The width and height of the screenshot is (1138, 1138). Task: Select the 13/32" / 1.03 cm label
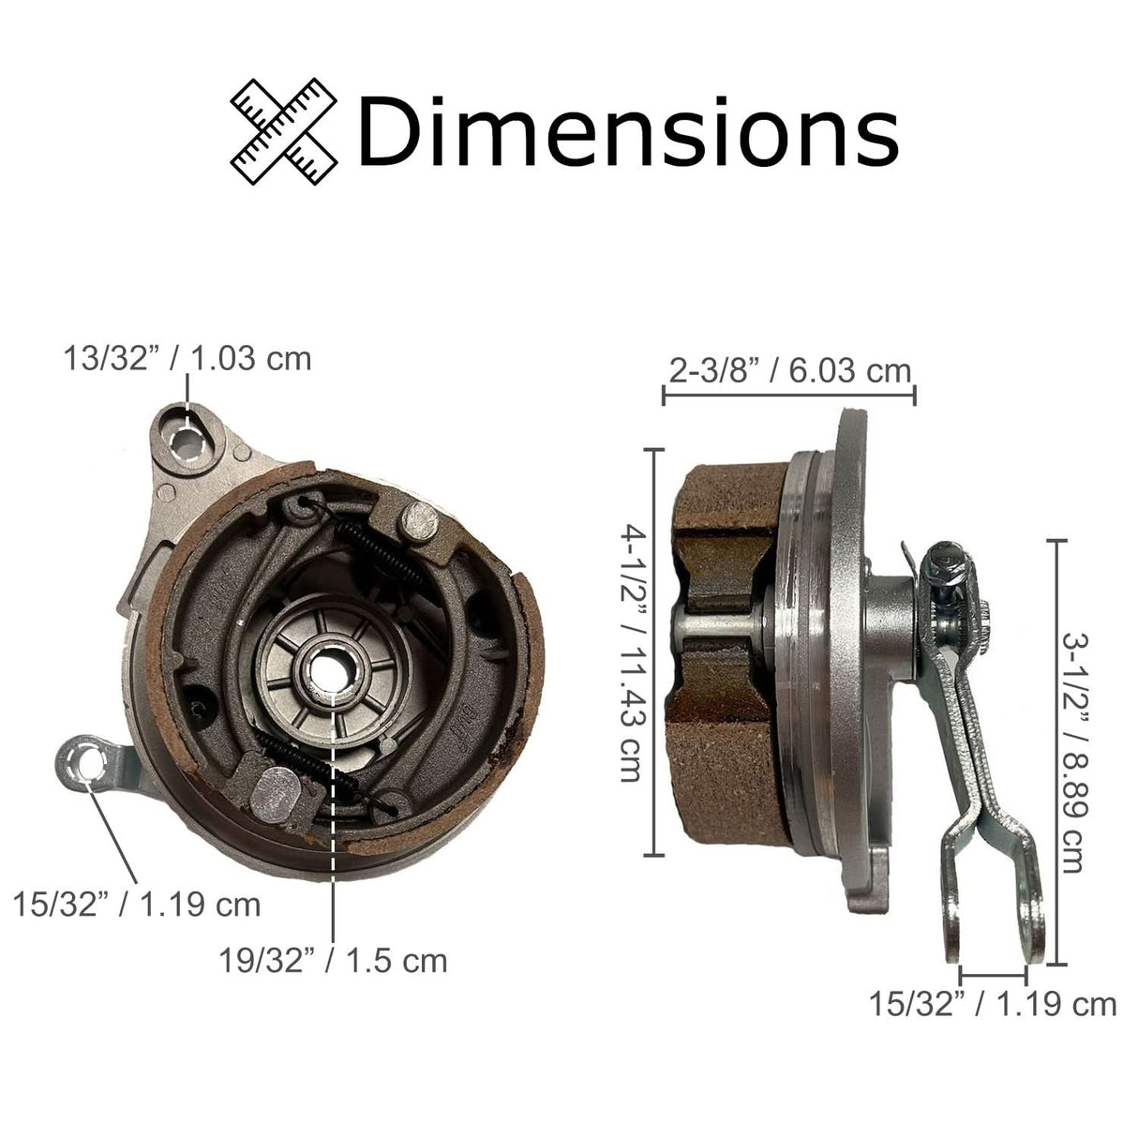187,358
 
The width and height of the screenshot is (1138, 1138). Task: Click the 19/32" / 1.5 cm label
333,960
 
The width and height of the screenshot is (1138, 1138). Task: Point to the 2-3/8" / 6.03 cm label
789,370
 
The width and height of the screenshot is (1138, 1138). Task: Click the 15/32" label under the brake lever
993,1004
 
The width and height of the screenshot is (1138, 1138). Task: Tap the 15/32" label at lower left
137,905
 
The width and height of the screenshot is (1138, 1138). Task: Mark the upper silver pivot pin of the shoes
420,521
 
